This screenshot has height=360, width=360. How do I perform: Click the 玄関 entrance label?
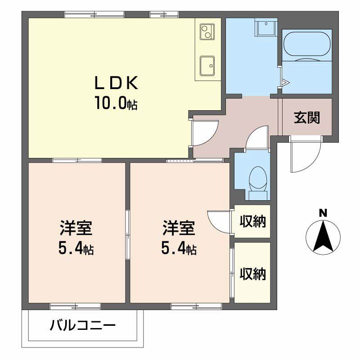pyautogui.click(x=307, y=117)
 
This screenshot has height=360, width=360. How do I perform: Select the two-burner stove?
pyautogui.click(x=206, y=32)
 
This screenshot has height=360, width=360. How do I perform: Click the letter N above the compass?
pyautogui.click(x=323, y=213)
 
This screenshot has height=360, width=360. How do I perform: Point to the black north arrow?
pyautogui.click(x=323, y=236)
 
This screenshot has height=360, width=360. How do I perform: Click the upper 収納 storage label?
pyautogui.click(x=252, y=221)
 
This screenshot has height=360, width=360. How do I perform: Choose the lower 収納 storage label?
pyautogui.click(x=252, y=273)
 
